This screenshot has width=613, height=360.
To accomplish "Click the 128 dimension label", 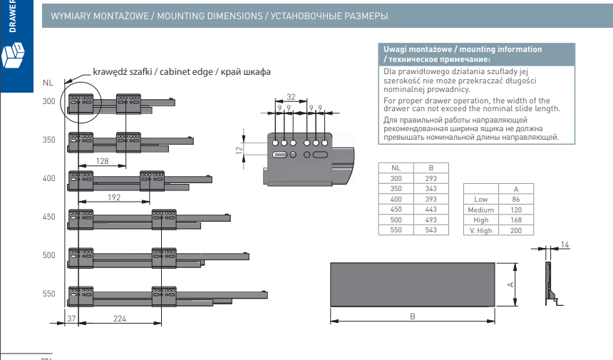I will [x=102, y=161].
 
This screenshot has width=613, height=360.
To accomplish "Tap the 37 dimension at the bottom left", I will [x=71, y=319].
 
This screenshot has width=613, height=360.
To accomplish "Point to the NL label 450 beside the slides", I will [x=48, y=217].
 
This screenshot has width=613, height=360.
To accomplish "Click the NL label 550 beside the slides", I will [x=48, y=294].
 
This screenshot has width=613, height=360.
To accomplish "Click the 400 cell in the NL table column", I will [x=395, y=199].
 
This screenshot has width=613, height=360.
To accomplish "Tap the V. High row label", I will [x=481, y=231].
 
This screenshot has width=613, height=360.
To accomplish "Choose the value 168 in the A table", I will [x=516, y=220].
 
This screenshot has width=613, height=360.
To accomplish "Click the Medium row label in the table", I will [x=481, y=210].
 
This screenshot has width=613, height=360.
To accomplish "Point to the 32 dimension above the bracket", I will [x=290, y=96].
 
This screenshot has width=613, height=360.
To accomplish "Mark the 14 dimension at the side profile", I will [x=565, y=245].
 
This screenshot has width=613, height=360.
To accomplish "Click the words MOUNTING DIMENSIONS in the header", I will [x=210, y=16].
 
